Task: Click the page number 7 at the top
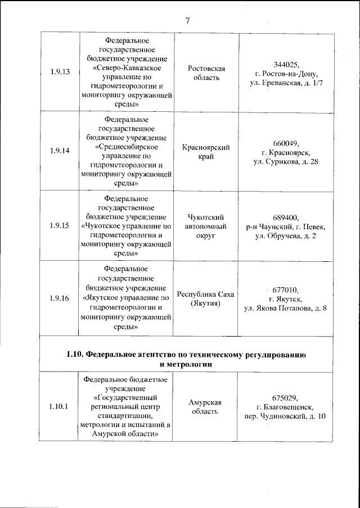[187, 21]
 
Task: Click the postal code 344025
[287, 64]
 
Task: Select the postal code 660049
[287, 143]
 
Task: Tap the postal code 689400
[287, 217]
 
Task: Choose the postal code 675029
[287, 398]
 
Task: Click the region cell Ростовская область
[206, 73]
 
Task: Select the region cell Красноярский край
[206, 152]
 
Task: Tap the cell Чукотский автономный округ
[206, 226]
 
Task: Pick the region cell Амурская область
[206, 407]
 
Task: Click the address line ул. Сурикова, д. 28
[287, 162]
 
